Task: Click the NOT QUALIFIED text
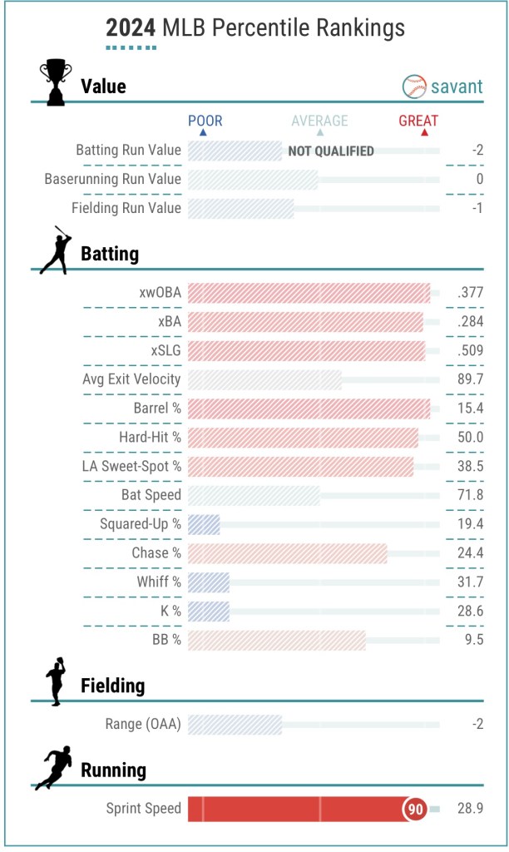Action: [x=331, y=151]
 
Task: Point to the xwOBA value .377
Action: [x=470, y=293]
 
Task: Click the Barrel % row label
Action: [x=157, y=409]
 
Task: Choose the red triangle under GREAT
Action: [x=424, y=133]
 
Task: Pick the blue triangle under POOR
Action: [x=204, y=133]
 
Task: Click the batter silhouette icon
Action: [x=55, y=250]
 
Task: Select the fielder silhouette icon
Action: [x=56, y=682]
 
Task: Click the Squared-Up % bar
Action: [x=204, y=525]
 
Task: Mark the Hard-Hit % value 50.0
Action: [x=471, y=438]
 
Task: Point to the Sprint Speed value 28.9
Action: [x=470, y=809]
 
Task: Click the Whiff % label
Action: [x=159, y=582]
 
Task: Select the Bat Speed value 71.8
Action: [x=471, y=496]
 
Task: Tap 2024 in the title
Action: [x=131, y=29]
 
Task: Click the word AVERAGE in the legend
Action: [x=319, y=121]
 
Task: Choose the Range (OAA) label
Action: [x=143, y=724]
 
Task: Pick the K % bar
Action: [x=209, y=612]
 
